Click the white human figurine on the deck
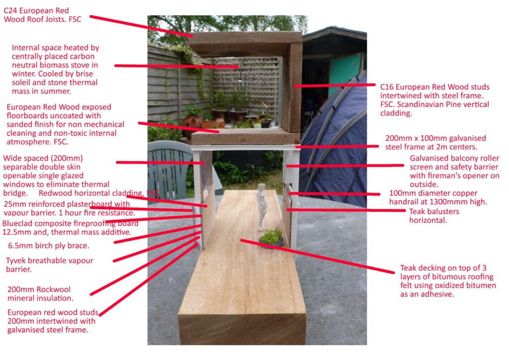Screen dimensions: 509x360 coord(262,207)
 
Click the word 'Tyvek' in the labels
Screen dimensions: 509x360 coord(16,261)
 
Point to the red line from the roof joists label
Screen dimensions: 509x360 coord(141,26)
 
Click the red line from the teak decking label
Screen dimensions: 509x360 coord(317,256)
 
